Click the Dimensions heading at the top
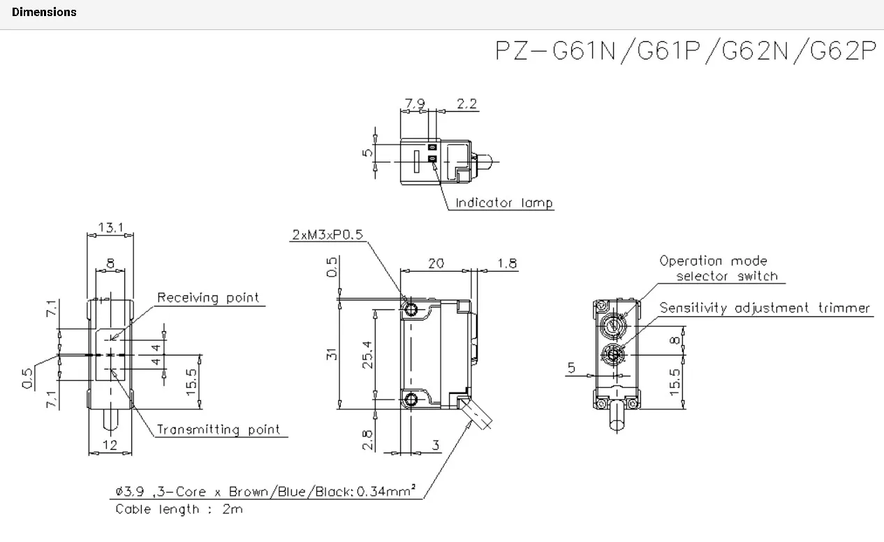pos(44,12)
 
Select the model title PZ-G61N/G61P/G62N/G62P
pos(684,50)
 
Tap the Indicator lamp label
pos(504,203)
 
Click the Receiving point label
pos(207,298)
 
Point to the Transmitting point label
pos(218,430)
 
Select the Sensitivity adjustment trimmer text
pos(765,308)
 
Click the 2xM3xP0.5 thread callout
pos(327,235)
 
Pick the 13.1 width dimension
pos(110,228)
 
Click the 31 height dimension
pos(333,354)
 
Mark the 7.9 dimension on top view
pos(415,104)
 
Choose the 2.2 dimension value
pos(466,104)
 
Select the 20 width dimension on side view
pos(436,263)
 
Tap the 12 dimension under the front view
pos(110,445)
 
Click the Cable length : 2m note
pos(179,509)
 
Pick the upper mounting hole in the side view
pos(412,309)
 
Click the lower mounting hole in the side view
pos(412,400)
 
